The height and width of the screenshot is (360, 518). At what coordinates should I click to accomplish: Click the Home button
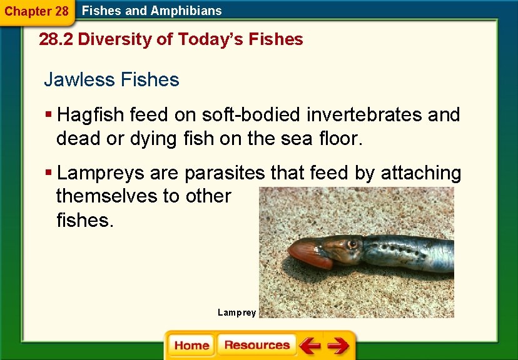192,346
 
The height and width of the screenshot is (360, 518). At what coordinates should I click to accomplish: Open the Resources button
256,345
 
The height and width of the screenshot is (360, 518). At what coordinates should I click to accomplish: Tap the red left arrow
309,346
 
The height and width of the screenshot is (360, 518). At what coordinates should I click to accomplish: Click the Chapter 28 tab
36,11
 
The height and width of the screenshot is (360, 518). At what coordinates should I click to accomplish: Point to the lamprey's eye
352,243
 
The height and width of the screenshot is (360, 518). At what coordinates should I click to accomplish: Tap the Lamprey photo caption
236,312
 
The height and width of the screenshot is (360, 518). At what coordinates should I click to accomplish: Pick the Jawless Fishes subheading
111,80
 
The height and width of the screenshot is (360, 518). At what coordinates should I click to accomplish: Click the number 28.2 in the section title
56,39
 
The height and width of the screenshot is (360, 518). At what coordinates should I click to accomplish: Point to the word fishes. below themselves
85,220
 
